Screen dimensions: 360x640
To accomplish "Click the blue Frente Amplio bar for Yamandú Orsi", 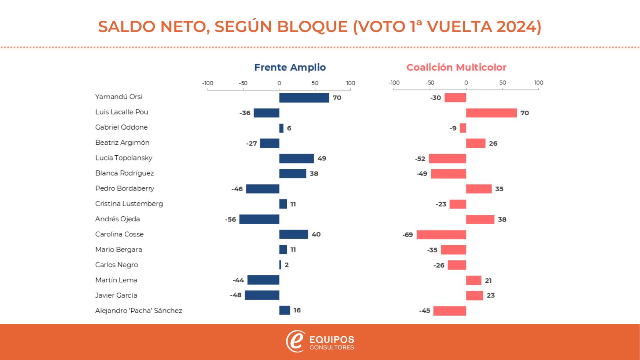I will (x=304, y=98).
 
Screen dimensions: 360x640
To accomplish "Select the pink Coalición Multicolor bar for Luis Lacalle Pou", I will (x=491, y=113).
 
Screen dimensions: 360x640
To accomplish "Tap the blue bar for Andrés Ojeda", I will (x=259, y=219).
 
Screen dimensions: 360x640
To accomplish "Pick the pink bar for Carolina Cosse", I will (x=441, y=235).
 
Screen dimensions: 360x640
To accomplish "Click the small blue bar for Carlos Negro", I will (x=280, y=265).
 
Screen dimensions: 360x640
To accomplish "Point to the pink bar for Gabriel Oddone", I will (x=463, y=128).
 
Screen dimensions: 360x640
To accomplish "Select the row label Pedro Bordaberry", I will (x=124, y=188).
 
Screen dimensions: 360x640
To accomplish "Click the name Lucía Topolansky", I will (x=124, y=158).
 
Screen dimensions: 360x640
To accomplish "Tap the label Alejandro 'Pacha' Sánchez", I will (x=138, y=311).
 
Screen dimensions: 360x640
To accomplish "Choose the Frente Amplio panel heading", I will (x=290, y=67).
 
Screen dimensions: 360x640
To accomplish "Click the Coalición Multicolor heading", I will (x=456, y=67).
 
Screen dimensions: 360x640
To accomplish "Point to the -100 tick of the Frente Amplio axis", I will (x=208, y=83).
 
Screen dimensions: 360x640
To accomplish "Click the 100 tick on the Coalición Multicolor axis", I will (x=538, y=83).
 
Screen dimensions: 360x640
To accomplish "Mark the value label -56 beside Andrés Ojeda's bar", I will (x=231, y=220).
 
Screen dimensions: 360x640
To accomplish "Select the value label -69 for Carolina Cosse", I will (x=408, y=235).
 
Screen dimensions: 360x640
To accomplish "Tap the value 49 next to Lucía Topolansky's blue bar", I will (x=322, y=158).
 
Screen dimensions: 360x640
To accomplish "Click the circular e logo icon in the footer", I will (x=295, y=342).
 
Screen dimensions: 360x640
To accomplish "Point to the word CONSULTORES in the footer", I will (x=332, y=348).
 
